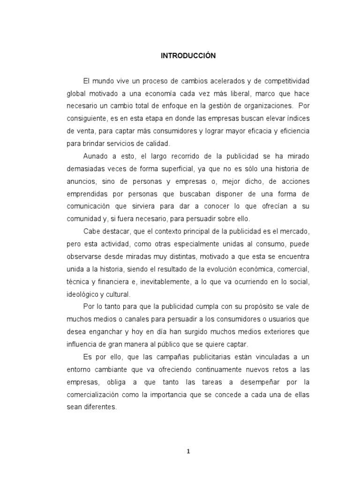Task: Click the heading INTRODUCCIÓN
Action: coord(188,56)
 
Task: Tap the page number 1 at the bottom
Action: coord(188,452)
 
